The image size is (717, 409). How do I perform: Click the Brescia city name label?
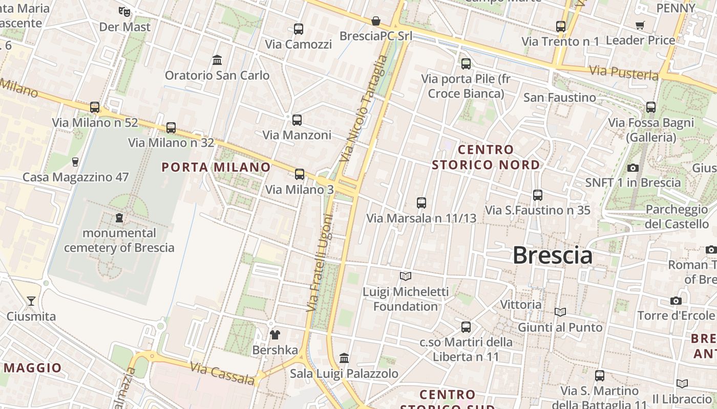pos(552,255)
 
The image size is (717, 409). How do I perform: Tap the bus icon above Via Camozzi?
pos(299,29)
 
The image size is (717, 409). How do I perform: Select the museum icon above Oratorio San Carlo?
pos(217,60)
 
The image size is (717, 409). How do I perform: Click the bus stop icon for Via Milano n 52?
pos(95,107)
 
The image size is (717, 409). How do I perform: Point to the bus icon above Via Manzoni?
pos(297,120)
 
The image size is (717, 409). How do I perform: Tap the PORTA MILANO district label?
pos(216,167)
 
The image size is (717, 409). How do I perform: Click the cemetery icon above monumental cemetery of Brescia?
pos(119,218)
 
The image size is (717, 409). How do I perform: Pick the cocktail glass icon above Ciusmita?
pos(31,301)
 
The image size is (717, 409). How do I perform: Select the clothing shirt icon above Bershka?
pos(275,335)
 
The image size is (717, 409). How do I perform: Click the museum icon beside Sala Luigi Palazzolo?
pos(344,358)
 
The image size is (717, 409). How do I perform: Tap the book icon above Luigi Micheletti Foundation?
pos(406,277)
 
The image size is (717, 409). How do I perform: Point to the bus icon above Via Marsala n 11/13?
pos(421,203)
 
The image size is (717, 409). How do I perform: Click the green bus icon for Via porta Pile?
pos(466,64)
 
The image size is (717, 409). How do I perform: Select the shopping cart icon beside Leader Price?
pos(640,25)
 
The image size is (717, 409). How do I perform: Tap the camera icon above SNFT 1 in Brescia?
pos(633,168)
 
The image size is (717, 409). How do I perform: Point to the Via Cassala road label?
pos(222,374)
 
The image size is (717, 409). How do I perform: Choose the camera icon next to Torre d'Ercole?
pos(676,301)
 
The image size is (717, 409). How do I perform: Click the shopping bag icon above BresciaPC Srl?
pos(376,21)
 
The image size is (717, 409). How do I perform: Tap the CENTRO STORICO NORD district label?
pos(486,157)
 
